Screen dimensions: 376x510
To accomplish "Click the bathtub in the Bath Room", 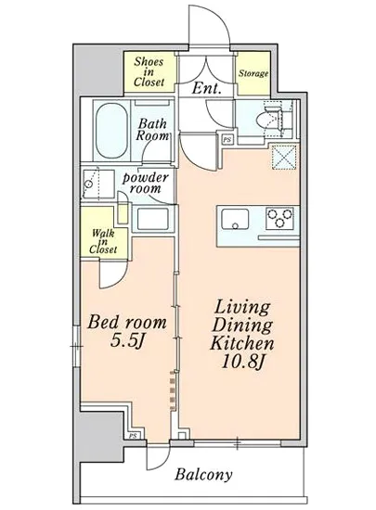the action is [x=111, y=131].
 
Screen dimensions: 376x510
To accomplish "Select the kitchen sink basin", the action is [x=235, y=219].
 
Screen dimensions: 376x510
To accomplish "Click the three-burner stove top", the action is [x=279, y=218].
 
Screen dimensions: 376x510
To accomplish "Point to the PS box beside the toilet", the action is [x=227, y=139].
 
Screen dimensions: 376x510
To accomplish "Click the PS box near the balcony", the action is [x=133, y=436].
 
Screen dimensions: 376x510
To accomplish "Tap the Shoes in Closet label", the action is [x=149, y=72].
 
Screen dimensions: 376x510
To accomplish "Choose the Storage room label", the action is [x=253, y=73].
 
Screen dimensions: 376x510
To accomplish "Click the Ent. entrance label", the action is [x=207, y=88].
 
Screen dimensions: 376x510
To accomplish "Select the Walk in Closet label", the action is [x=103, y=241].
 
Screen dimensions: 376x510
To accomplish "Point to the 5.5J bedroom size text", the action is [x=127, y=341].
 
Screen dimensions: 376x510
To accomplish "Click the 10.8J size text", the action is [x=242, y=362].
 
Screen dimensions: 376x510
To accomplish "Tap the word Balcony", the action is [x=204, y=475].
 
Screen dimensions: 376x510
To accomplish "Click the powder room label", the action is [x=145, y=183].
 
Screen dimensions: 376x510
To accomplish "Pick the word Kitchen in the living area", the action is [x=242, y=343].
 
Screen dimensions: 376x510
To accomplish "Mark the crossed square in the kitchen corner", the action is [x=284, y=158].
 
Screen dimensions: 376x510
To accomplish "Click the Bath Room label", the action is [x=152, y=129].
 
